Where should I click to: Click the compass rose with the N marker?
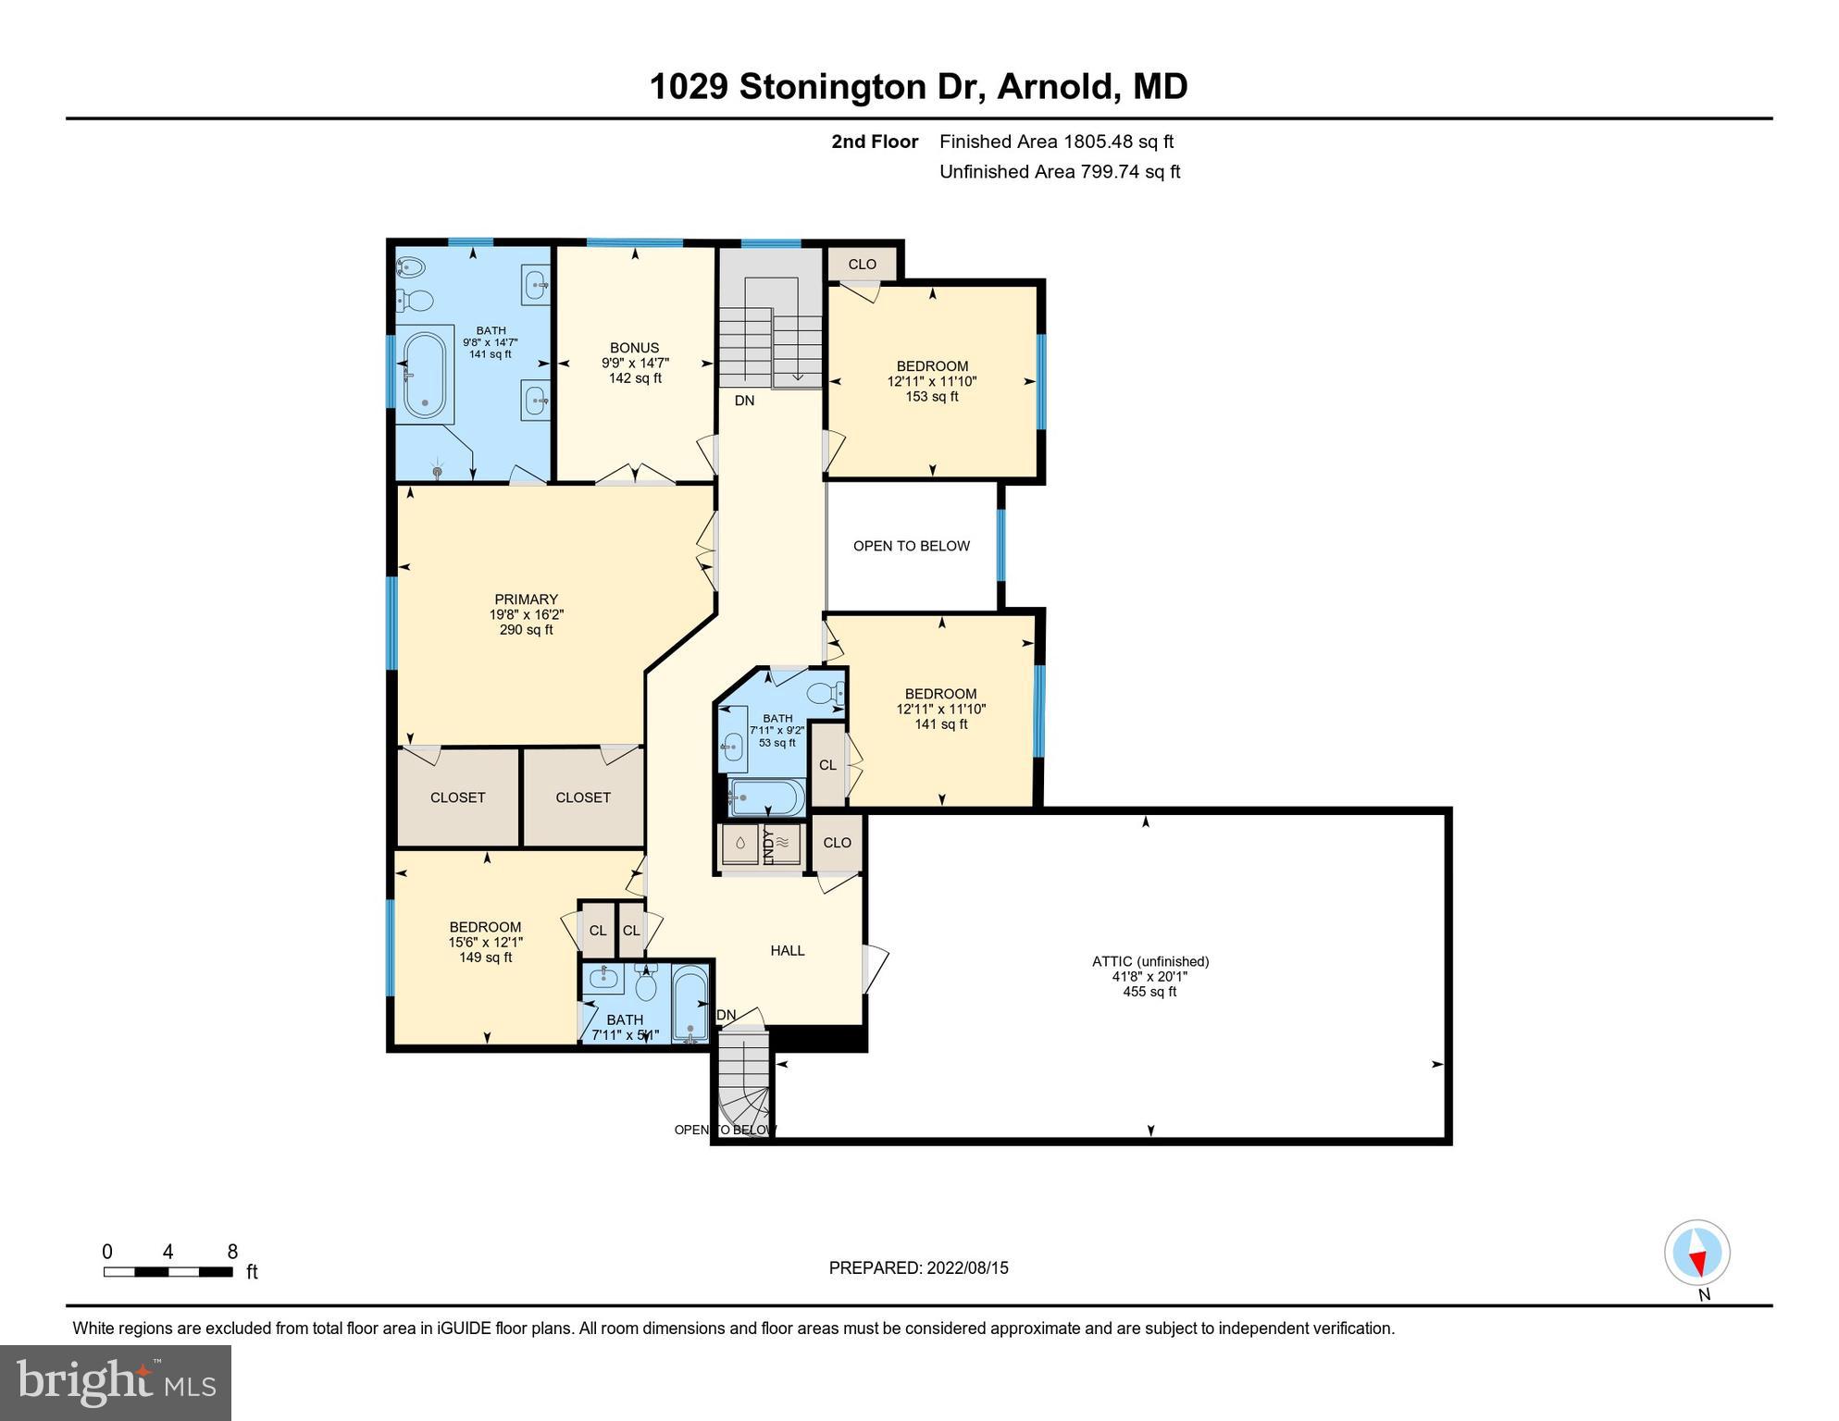point(1696,1253)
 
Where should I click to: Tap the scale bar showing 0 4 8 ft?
point(168,1271)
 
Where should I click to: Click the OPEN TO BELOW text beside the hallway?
point(911,546)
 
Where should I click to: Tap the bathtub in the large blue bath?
point(425,375)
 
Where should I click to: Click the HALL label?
point(787,950)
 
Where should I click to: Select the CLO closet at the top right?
point(862,264)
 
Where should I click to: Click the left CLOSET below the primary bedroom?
point(457,797)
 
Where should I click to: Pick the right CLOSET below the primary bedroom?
point(583,797)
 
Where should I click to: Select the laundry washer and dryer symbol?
point(761,844)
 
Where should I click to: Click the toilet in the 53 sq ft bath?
point(823,692)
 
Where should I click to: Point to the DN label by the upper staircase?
point(744,401)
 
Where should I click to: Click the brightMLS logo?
point(116,1382)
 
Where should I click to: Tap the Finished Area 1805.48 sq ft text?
point(1056,142)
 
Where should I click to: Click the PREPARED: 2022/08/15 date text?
point(918,1267)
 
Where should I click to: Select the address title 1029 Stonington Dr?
point(918,86)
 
